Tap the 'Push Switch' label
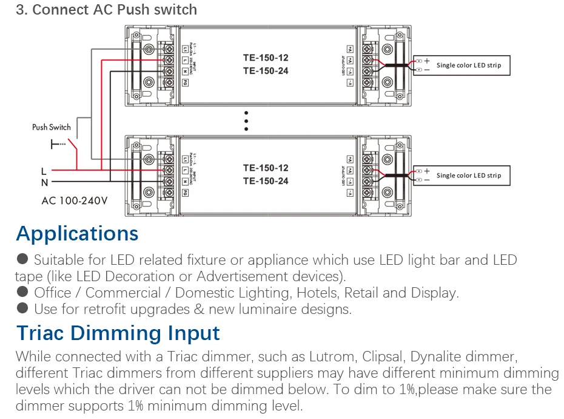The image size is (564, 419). (x=52, y=128)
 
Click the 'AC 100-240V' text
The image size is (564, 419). (x=75, y=200)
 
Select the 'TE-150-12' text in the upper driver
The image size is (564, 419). (x=266, y=58)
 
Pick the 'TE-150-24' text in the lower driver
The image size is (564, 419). (x=266, y=181)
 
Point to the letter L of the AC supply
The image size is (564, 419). (x=44, y=171)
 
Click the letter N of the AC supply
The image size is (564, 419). (x=44, y=182)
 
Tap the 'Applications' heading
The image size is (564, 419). (x=77, y=234)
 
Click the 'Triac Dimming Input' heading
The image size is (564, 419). (x=118, y=333)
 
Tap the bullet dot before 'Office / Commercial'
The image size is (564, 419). (x=22, y=292)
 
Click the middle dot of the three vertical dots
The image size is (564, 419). (x=246, y=120)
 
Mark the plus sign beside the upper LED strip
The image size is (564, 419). (x=426, y=61)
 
